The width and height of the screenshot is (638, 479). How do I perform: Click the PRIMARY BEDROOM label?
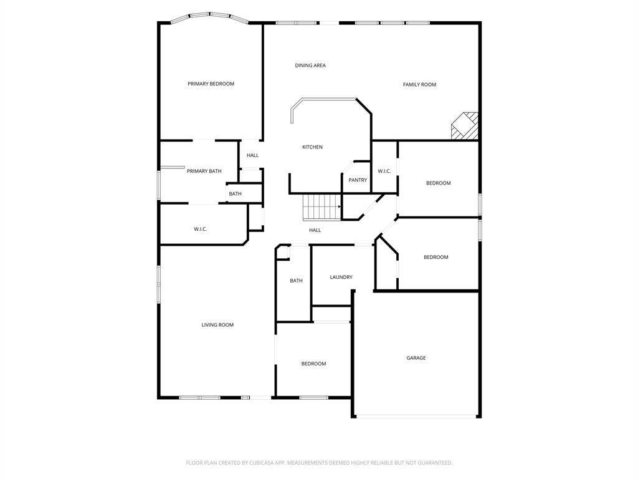211,84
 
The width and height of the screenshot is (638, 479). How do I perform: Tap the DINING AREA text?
310,65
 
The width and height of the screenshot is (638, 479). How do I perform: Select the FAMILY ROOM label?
419,85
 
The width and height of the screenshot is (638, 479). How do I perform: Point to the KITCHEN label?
312,147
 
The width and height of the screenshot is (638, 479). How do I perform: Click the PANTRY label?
358,180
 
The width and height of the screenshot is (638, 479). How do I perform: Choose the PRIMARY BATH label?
204,172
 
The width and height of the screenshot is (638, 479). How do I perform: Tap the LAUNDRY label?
341,278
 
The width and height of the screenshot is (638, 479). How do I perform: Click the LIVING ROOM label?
217,325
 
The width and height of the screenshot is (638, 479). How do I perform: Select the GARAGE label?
416,358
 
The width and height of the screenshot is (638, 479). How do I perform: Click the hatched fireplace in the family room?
465,126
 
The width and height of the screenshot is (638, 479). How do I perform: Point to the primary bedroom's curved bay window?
210,16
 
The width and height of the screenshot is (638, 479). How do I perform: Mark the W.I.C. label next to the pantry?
384,172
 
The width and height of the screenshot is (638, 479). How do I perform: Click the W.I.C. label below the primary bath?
200,230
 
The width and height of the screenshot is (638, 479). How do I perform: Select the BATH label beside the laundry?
296,281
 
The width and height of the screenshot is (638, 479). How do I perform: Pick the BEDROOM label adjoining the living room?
313,364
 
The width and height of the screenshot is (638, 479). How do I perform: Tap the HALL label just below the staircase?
315,231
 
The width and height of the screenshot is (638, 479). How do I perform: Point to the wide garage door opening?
416,416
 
